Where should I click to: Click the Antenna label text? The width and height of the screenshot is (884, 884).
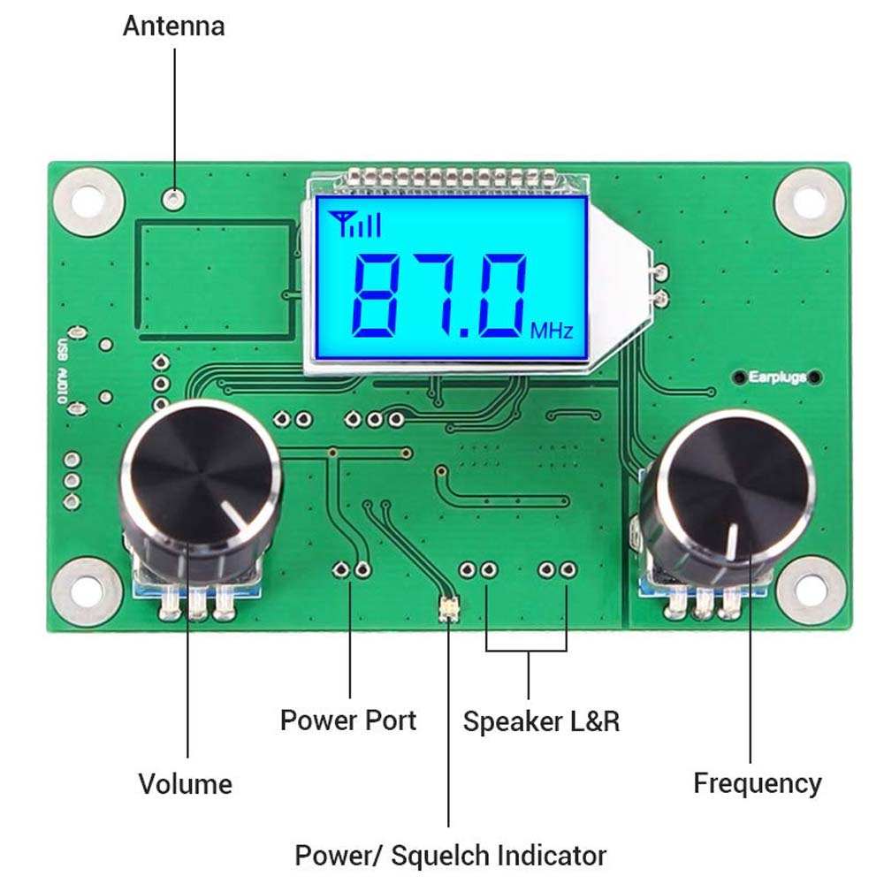[173, 26]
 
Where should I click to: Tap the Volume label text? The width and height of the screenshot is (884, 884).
[185, 783]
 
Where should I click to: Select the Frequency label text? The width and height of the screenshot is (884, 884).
[757, 782]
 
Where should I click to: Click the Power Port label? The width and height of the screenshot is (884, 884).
[347, 720]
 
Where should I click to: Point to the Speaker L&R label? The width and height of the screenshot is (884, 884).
[541, 721]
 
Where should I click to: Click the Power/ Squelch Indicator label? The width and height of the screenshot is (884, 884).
[450, 855]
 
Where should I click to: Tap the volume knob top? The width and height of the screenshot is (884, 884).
[202, 478]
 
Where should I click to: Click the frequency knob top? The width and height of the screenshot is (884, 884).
[734, 487]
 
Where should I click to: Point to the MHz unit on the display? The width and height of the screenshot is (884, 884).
[552, 331]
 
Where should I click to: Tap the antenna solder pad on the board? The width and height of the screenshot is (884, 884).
[178, 199]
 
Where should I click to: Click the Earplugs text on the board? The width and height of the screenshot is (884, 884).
[777, 377]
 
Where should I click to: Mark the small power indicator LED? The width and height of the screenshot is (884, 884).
[449, 610]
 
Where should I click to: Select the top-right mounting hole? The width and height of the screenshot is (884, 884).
[809, 200]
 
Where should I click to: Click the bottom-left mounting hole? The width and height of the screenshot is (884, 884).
[86, 589]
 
